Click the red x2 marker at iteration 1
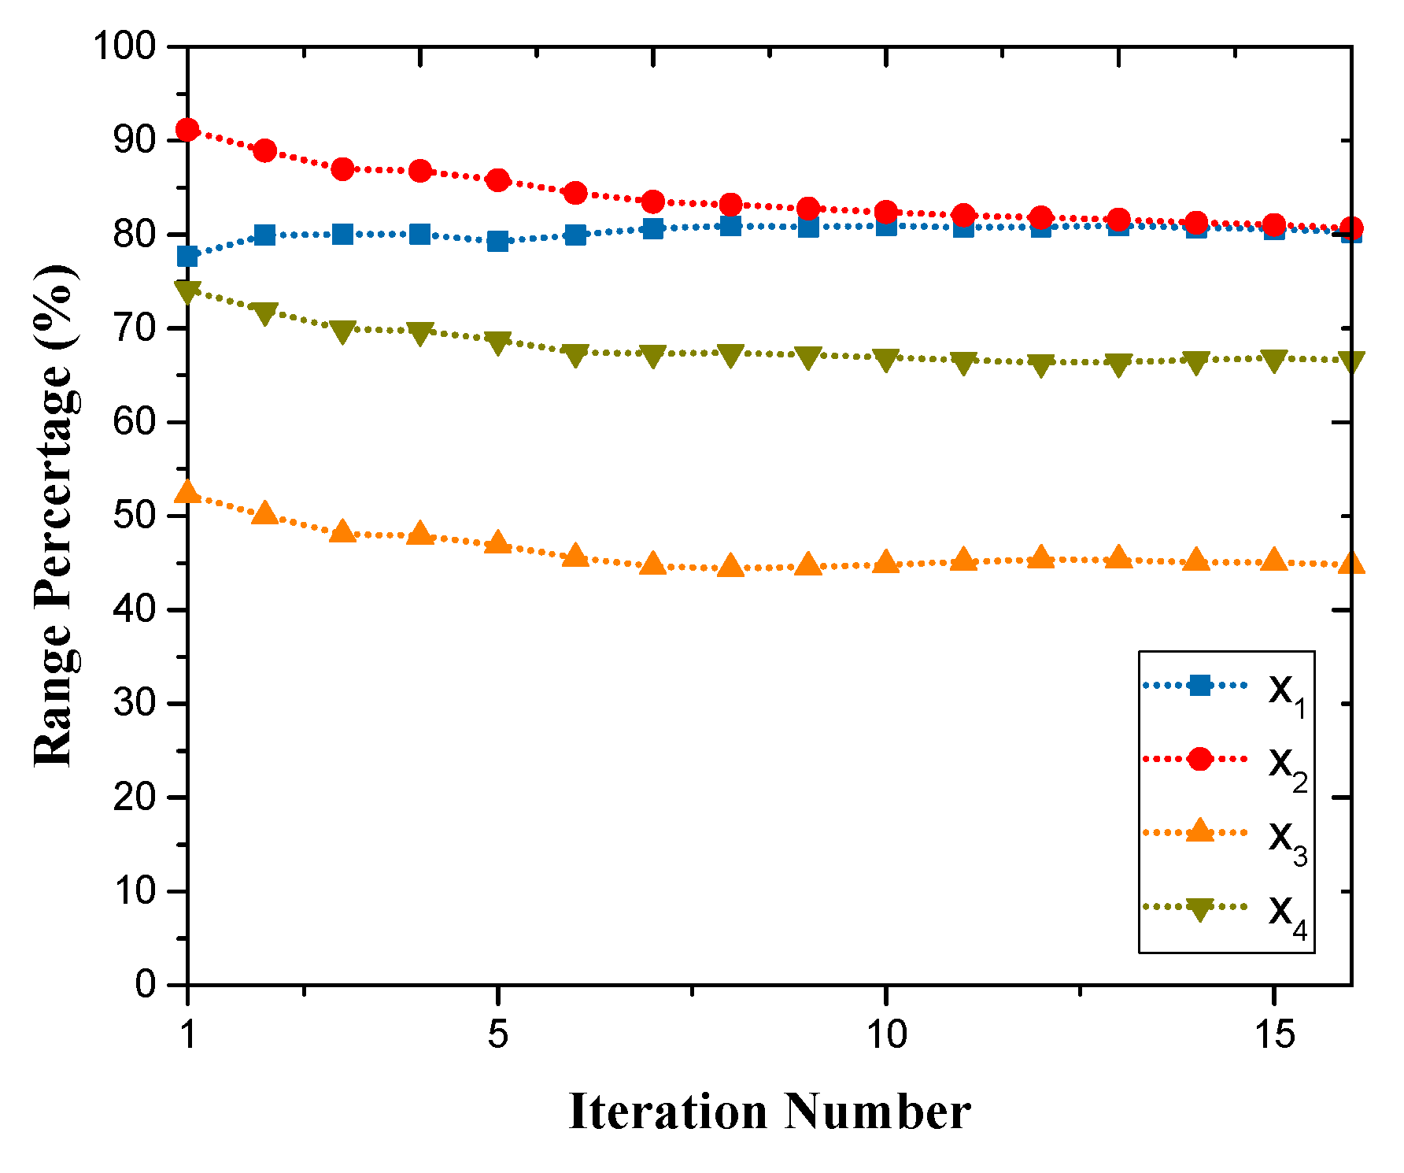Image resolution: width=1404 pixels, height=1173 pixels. tap(187, 130)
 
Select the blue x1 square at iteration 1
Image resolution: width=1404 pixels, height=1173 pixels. tap(187, 257)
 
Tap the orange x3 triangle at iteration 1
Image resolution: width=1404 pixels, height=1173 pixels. tap(187, 493)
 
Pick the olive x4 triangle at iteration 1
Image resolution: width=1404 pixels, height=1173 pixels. tap(187, 292)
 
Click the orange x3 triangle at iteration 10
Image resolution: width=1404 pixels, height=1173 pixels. tap(886, 563)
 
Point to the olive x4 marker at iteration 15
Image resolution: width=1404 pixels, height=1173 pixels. tap(1274, 361)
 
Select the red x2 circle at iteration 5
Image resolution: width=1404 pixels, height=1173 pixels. tap(497, 180)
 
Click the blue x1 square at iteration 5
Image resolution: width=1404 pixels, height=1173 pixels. tap(497, 241)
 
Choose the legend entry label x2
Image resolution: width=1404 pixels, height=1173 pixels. tap(1286, 766)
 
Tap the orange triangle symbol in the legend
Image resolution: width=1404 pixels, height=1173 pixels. tap(1199, 831)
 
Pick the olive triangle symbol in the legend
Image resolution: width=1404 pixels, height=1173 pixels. tap(1199, 908)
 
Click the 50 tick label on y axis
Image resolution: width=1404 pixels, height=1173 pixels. tap(135, 516)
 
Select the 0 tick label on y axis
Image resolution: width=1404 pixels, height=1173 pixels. tap(146, 985)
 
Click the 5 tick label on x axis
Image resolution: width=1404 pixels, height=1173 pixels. tap(497, 1034)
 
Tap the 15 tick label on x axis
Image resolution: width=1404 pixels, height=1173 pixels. tap(1274, 1034)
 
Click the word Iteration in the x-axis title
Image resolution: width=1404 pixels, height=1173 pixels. tap(667, 1112)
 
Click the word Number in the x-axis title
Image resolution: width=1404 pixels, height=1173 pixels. tap(877, 1112)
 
